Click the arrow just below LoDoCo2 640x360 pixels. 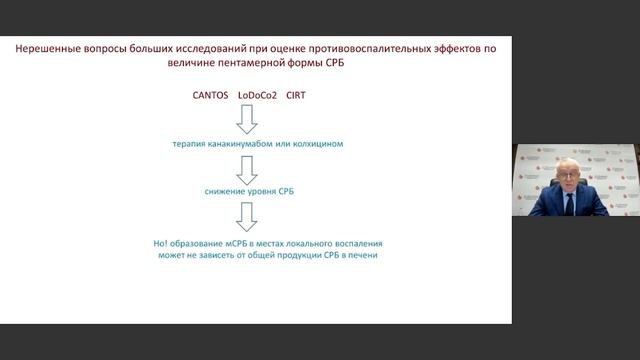246,120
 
